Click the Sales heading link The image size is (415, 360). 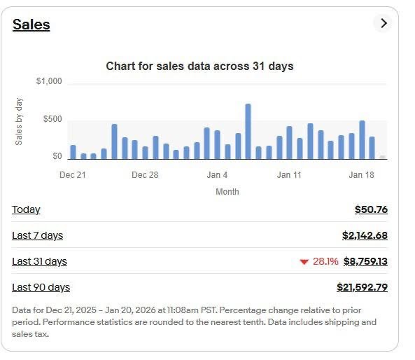pyautogui.click(x=31, y=25)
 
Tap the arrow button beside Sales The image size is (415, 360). pyautogui.click(x=383, y=23)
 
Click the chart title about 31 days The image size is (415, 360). pyautogui.click(x=199, y=67)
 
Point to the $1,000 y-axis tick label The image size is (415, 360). pyautogui.click(x=49, y=82)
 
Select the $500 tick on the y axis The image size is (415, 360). pyautogui.click(x=52, y=119)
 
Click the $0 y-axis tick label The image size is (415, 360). pyautogui.click(x=57, y=156)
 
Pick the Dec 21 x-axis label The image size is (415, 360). pyautogui.click(x=72, y=175)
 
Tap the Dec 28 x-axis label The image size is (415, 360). pyautogui.click(x=145, y=175)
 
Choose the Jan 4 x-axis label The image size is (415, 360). pyautogui.click(x=218, y=175)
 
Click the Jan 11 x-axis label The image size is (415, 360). pyautogui.click(x=289, y=175)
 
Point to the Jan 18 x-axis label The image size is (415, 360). pyautogui.click(x=362, y=175)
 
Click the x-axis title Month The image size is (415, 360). pyautogui.click(x=227, y=191)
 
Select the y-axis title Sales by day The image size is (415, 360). pyautogui.click(x=20, y=121)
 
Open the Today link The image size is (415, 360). pyautogui.click(x=26, y=209)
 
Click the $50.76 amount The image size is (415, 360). pyautogui.click(x=371, y=209)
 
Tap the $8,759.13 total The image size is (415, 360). pyautogui.click(x=365, y=261)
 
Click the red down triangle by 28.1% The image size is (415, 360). pyautogui.click(x=304, y=262)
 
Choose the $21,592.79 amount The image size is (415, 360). pyautogui.click(x=362, y=287)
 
